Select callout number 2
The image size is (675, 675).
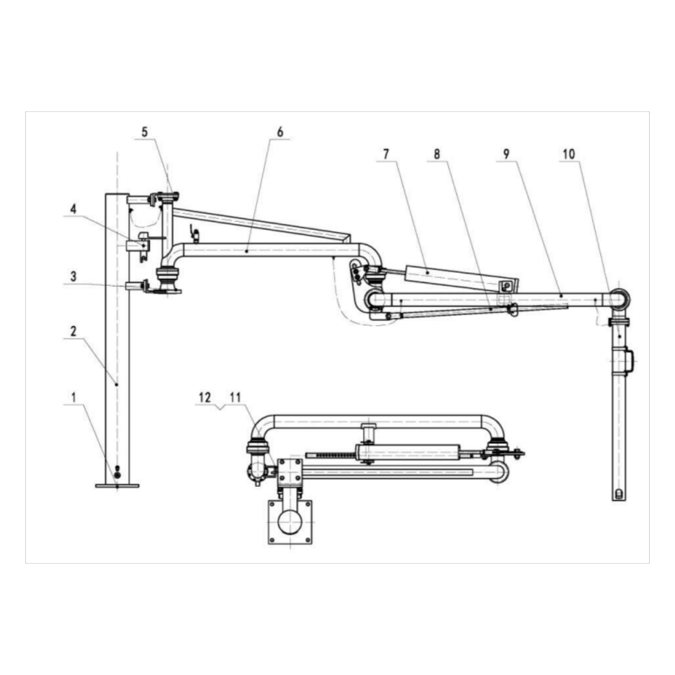[73, 331]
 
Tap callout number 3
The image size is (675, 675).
[73, 277]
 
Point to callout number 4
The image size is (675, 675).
[73, 209]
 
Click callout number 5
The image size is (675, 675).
[145, 132]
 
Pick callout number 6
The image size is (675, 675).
[280, 132]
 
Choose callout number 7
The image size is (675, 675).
[386, 154]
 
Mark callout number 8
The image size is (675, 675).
[436, 154]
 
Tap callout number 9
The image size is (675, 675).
[506, 154]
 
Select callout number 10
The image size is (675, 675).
[569, 154]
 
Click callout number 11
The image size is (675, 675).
[235, 397]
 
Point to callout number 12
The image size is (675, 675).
[204, 397]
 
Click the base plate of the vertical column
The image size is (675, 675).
[117, 485]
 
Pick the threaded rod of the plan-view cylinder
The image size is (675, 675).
[330, 453]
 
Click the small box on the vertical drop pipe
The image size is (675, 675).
[628, 359]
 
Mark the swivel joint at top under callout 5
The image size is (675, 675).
[169, 196]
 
